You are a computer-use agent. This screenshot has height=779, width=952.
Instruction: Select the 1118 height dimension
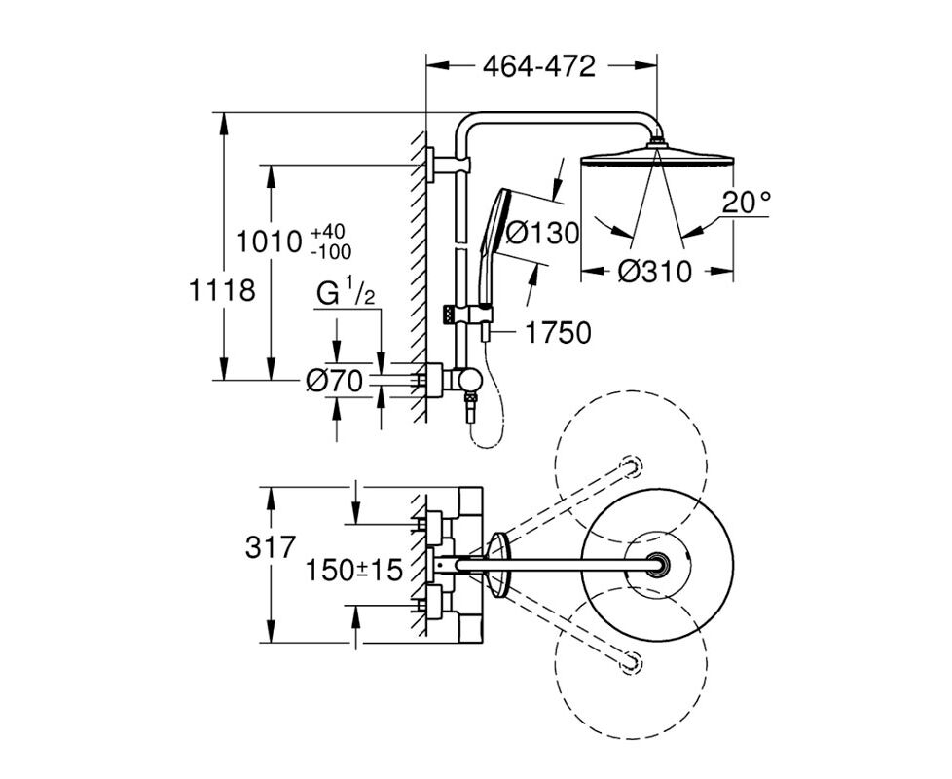tap(222, 290)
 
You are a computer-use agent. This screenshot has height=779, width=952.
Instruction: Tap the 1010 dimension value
tap(269, 241)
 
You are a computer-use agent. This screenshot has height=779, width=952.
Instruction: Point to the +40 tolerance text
tap(328, 232)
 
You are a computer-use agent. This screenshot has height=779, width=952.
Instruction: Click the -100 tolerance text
tap(332, 251)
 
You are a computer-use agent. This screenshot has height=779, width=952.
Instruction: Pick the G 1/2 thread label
tap(346, 294)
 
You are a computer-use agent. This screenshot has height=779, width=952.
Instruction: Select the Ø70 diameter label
tap(335, 381)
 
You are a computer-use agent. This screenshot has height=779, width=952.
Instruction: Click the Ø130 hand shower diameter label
tap(542, 233)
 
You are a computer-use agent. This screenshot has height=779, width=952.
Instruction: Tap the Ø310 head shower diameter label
tap(654, 272)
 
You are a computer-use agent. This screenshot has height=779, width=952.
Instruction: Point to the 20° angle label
tap(747, 203)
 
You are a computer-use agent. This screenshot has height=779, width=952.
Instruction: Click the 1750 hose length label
tap(558, 333)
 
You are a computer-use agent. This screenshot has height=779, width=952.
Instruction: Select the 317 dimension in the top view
tap(271, 548)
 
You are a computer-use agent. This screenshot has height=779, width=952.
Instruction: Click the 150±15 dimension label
tap(354, 571)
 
